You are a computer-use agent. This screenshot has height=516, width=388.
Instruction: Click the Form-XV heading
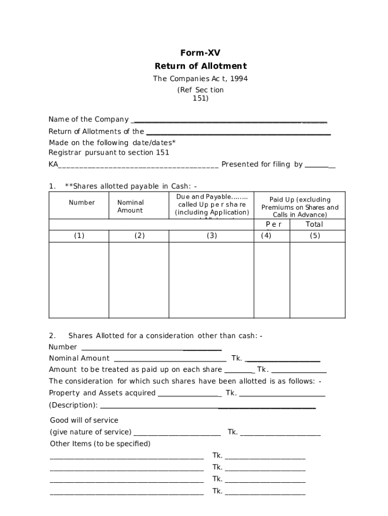200,53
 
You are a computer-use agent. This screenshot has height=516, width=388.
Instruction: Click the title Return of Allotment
200,66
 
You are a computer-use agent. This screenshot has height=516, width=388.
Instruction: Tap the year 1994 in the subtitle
237,79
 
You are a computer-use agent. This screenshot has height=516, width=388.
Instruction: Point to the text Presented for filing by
262,164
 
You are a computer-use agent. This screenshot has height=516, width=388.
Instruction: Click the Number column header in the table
82,203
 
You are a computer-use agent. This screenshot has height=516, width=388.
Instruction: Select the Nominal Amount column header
130,207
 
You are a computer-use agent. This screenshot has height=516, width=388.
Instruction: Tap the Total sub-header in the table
314,224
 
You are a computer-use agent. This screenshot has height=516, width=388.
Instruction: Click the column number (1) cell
79,236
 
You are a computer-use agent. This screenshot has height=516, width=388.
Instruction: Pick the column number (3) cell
212,236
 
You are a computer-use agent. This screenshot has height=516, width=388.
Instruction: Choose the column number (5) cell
315,236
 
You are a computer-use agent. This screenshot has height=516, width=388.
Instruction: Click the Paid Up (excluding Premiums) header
300,207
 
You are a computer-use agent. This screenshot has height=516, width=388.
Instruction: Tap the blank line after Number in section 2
151,349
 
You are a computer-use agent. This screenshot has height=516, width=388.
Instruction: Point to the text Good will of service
84,420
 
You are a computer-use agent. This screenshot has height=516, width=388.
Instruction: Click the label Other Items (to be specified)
100,444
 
